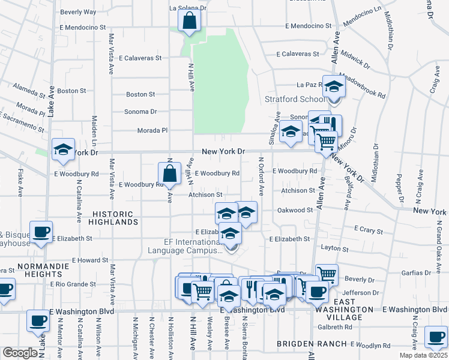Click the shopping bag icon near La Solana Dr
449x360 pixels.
click(x=189, y=21)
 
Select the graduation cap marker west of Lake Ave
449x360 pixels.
click(x=63, y=151)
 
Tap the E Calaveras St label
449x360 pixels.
click(x=140, y=58)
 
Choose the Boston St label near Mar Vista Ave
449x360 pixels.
click(x=140, y=94)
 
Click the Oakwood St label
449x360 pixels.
click(x=295, y=210)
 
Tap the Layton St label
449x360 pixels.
click(x=334, y=248)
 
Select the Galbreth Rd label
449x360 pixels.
click(x=335, y=327)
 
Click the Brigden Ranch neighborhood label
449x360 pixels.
click(x=312, y=344)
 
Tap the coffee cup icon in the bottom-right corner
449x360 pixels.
click(x=435, y=338)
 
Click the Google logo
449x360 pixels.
click(x=20, y=353)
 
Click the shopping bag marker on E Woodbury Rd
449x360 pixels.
click(x=170, y=174)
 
